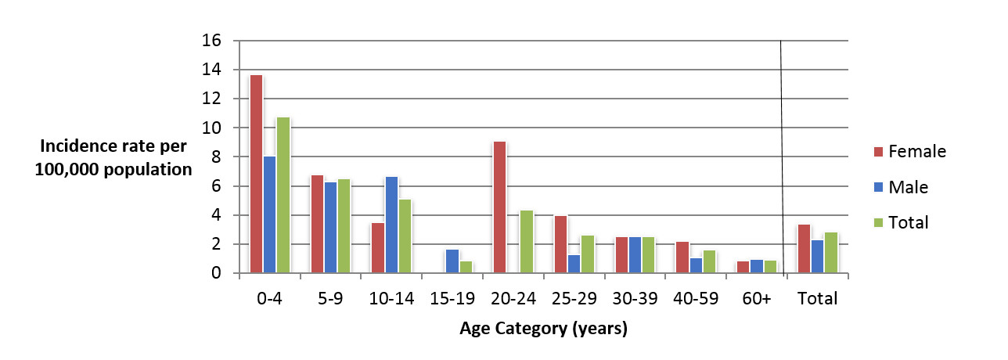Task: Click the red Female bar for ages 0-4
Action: point(256,174)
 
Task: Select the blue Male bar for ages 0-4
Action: point(268,214)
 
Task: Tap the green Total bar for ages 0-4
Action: point(283,195)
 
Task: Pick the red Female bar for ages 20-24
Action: point(499,207)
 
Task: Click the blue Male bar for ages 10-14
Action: point(391,225)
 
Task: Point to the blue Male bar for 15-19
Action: point(452,261)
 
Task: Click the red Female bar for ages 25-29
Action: point(560,244)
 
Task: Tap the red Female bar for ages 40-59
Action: point(682,257)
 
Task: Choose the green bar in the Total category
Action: point(830,253)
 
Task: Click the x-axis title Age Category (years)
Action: point(542,329)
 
